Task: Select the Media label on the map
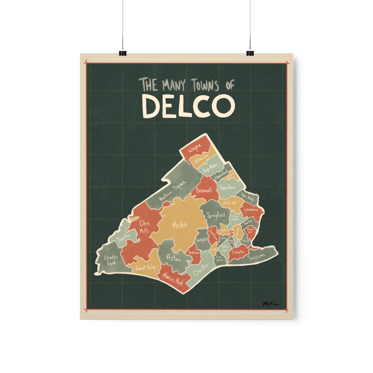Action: point(180,226)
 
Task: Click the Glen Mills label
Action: point(144,227)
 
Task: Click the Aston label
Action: point(173,258)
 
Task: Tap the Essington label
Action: point(238,252)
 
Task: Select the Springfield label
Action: point(216,216)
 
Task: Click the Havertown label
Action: point(227,187)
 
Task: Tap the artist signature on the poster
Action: point(270,304)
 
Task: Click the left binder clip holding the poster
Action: point(123,53)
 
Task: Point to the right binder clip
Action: point(250,53)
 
